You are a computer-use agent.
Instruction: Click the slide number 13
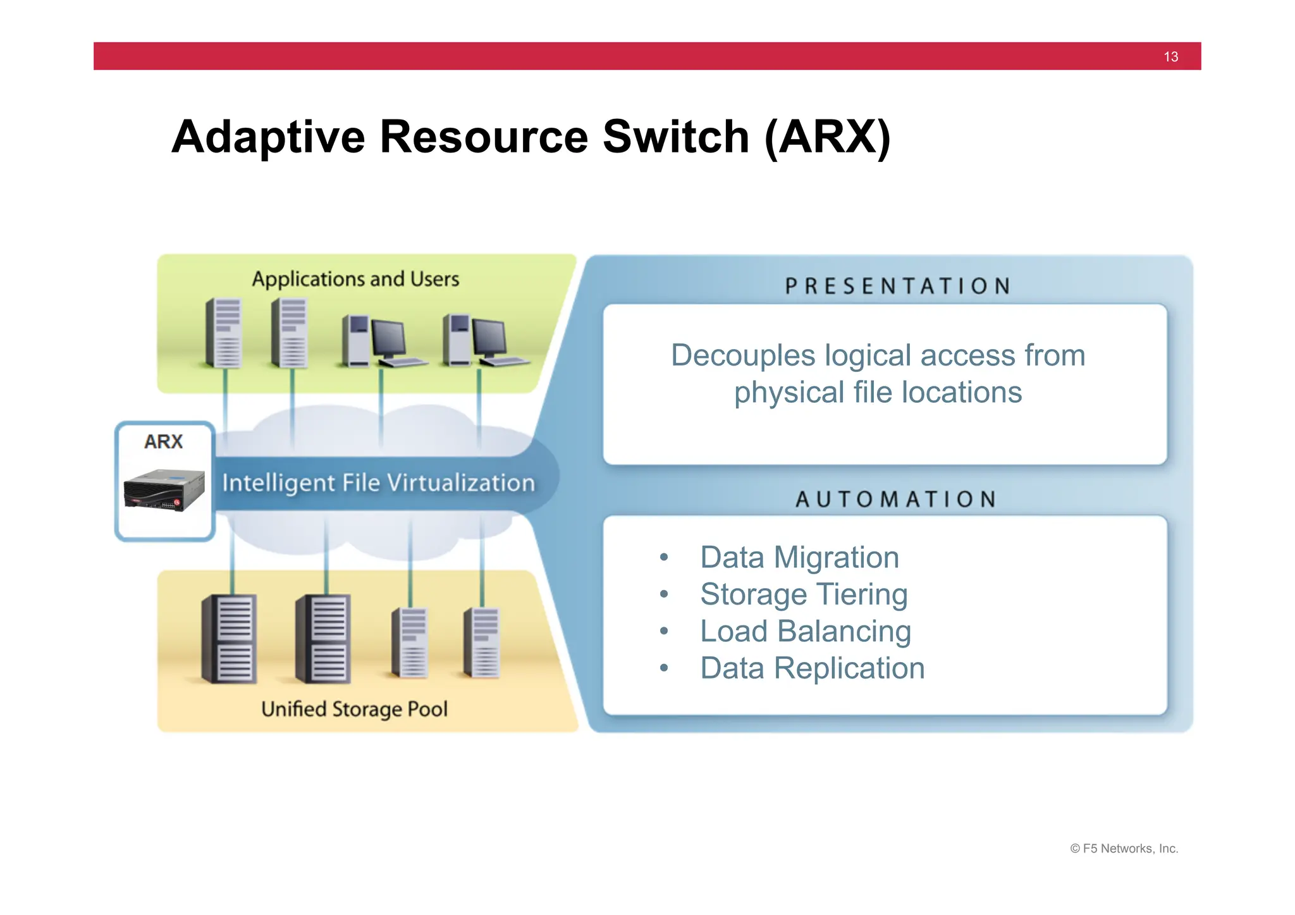pyautogui.click(x=1170, y=57)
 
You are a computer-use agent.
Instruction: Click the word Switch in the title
pyautogui.click(x=675, y=137)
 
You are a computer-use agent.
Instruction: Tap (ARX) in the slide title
pyautogui.click(x=827, y=137)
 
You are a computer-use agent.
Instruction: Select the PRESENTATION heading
pyautogui.click(x=898, y=286)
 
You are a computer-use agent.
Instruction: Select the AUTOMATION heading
pyautogui.click(x=897, y=500)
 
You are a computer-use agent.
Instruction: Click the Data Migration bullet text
pyautogui.click(x=799, y=558)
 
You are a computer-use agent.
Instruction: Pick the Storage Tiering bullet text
pyautogui.click(x=804, y=594)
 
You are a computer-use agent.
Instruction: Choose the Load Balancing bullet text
pyautogui.click(x=806, y=631)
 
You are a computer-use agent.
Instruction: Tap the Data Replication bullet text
pyautogui.click(x=813, y=668)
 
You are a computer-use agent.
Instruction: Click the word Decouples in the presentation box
pyautogui.click(x=742, y=355)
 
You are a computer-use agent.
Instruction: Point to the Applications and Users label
pyautogui.click(x=355, y=279)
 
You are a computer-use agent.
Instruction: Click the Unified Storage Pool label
pyautogui.click(x=354, y=709)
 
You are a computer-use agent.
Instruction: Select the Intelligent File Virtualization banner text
pyautogui.click(x=378, y=483)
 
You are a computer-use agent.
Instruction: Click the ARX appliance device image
pyautogui.click(x=164, y=490)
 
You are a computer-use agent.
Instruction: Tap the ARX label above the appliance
pyautogui.click(x=163, y=441)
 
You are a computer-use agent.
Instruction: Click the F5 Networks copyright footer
pyautogui.click(x=1124, y=849)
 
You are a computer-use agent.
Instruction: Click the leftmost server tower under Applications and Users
pyautogui.click(x=224, y=333)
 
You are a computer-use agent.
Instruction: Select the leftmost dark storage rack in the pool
pyautogui.click(x=230, y=639)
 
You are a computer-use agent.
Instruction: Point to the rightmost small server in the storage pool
pyautogui.click(x=482, y=642)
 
